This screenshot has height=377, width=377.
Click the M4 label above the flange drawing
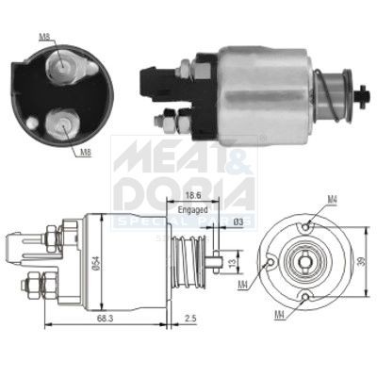pyautogui.click(x=333, y=199)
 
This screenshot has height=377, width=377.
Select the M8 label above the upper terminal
pyautogui.click(x=44, y=39)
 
